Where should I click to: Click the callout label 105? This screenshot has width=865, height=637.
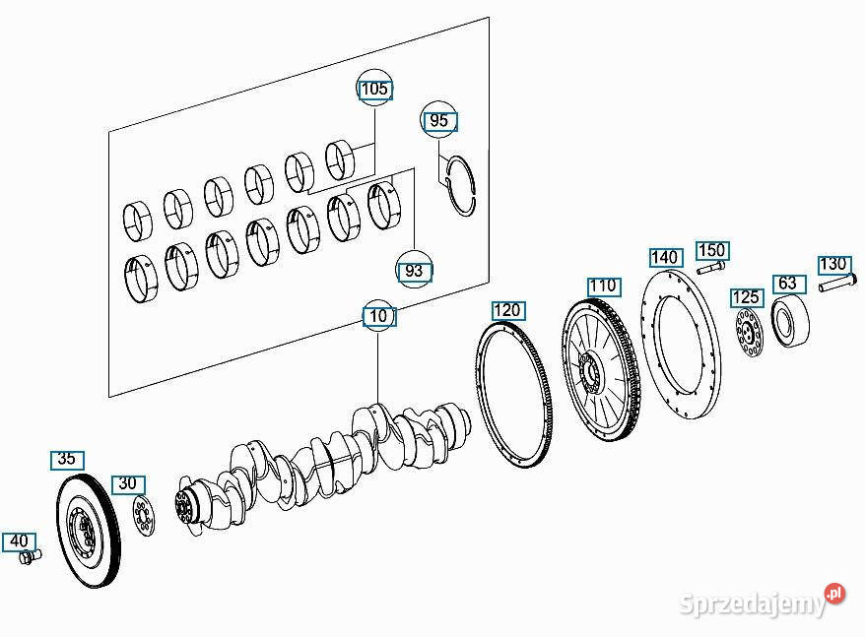[x=375, y=90]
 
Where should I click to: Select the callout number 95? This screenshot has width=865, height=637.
[x=439, y=121]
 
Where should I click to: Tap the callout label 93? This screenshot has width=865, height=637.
[x=414, y=272]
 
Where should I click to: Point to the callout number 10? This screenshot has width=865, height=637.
[x=378, y=317]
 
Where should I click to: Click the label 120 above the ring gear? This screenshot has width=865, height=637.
[x=507, y=310]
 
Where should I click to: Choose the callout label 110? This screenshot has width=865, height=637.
[x=604, y=287]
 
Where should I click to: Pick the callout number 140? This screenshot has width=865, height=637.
[x=666, y=258]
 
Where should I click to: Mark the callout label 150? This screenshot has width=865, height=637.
[x=712, y=250]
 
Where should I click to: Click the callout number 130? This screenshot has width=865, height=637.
[x=834, y=265]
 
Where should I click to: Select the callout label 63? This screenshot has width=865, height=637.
[x=789, y=284]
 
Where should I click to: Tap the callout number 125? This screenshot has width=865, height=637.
[x=747, y=297]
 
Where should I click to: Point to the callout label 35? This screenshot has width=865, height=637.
[x=67, y=460]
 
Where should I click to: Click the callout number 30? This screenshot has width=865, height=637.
[x=128, y=484]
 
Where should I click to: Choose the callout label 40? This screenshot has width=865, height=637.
[x=20, y=541]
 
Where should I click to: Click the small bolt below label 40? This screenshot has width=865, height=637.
[x=30, y=557]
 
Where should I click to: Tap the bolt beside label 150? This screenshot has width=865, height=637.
[x=711, y=268]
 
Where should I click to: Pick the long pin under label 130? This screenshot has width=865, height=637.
[x=837, y=284]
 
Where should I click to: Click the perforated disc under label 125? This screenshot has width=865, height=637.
[x=750, y=333]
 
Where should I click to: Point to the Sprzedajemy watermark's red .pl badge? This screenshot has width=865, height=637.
[x=835, y=594]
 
